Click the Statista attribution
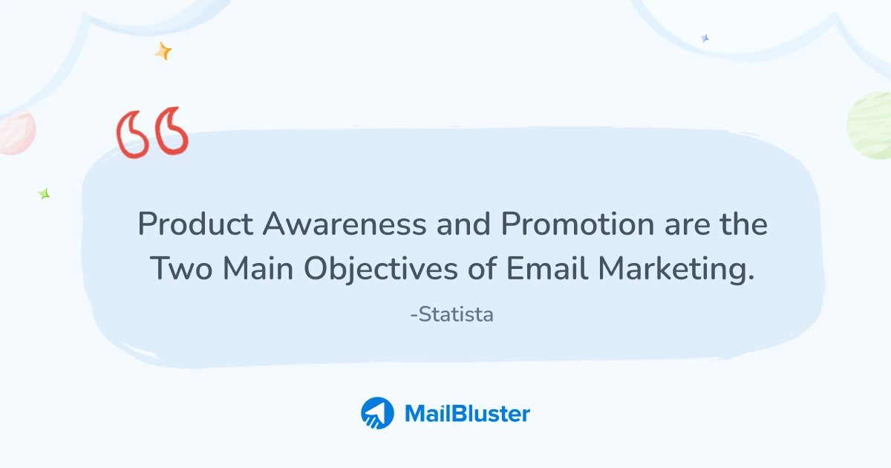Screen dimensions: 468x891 pos(451,314)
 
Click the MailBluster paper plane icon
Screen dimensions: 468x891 pos(377,413)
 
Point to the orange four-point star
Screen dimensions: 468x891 pos(163,51)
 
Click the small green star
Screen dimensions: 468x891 pos(44,194)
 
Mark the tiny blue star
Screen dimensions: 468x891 pos(705,38)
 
